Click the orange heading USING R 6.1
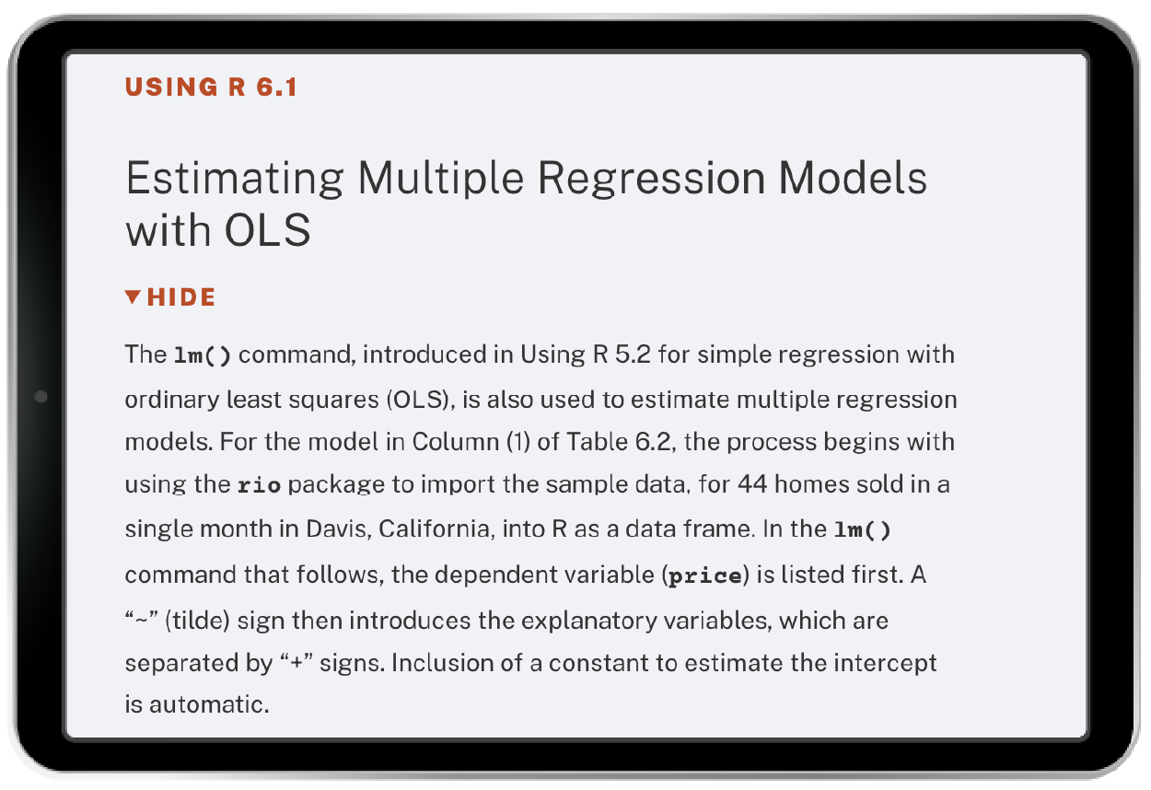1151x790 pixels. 211,87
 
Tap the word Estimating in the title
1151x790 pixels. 235,180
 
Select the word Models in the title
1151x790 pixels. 853,178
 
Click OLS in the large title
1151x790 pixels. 267,230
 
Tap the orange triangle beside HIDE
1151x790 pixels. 133,296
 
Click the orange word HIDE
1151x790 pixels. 181,296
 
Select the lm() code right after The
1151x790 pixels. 203,355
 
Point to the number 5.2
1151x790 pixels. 634,354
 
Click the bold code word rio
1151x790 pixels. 259,485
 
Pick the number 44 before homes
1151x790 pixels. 753,484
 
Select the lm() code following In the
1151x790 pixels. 862,529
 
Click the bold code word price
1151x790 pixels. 705,575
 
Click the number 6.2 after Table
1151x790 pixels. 653,442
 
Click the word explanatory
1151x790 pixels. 589,621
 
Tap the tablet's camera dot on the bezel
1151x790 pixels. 41,397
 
